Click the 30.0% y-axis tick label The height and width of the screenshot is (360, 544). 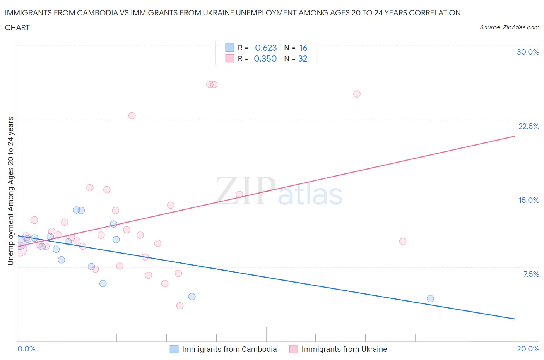tap(528, 52)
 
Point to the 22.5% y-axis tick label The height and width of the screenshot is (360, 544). tap(529, 126)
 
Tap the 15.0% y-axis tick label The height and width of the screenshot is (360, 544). tap(529, 200)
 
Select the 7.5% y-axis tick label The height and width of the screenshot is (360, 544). tap(531, 274)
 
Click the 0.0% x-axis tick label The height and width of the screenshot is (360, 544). tap(26, 349)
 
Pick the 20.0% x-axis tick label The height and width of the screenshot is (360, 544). tap(528, 349)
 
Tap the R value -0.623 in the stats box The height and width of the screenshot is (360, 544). tap(264, 48)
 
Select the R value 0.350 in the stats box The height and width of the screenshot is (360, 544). tap(265, 58)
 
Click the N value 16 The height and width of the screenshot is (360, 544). tap(303, 48)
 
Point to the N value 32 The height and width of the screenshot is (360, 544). tap(303, 58)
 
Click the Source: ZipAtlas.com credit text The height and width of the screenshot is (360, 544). tap(509, 27)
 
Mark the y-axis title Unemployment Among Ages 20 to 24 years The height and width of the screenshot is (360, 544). tap(11, 191)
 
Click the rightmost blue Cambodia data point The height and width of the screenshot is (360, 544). tap(430, 298)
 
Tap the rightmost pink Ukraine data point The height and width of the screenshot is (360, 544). tap(403, 242)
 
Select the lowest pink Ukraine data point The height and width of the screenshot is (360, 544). tap(180, 306)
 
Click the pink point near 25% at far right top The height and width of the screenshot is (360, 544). tap(357, 94)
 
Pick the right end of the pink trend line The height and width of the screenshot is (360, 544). tap(515, 136)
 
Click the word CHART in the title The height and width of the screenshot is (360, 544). tap(17, 27)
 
